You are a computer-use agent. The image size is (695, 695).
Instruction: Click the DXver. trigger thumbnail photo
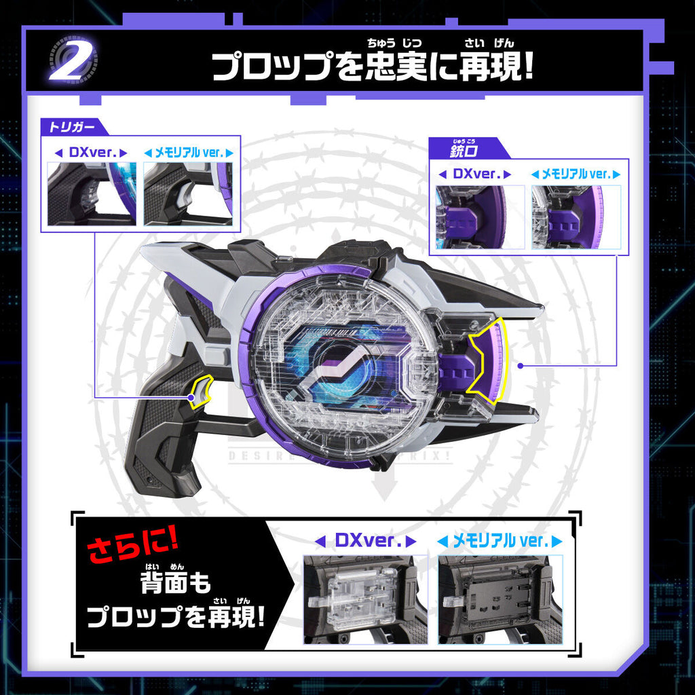[x=92, y=193]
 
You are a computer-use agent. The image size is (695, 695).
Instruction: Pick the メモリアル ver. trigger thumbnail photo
[x=188, y=193]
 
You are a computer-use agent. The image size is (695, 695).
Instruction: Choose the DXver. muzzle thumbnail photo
[x=480, y=217]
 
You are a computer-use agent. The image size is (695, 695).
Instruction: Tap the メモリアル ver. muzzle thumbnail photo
[x=576, y=217]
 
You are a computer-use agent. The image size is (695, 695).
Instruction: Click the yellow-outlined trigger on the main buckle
[x=201, y=392]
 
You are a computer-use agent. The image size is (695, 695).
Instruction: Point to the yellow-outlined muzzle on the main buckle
[x=487, y=357]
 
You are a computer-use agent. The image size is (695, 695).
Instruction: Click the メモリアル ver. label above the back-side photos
[x=499, y=542]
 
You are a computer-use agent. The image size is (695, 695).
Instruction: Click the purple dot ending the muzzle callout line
[x=521, y=366]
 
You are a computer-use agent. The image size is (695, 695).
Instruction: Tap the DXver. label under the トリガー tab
[x=90, y=153]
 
